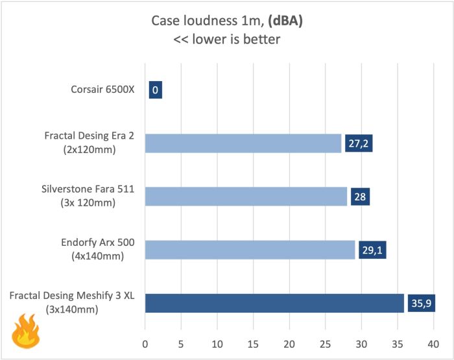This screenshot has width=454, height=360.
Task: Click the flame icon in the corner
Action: point(25,331)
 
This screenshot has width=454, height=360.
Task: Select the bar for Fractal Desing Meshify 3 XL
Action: point(274,303)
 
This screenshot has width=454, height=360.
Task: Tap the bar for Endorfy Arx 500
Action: point(250,250)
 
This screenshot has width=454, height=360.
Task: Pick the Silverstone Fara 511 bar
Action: point(246,196)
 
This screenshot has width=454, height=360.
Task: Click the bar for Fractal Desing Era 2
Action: point(243,143)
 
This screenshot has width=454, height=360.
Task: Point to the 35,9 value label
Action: point(421,303)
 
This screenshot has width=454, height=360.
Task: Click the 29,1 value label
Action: point(372,250)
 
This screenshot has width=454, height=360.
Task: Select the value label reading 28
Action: point(360,196)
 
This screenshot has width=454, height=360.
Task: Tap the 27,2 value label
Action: point(359,143)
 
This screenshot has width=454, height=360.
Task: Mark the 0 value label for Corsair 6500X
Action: point(155,90)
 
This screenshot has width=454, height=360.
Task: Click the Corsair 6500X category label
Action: point(103,90)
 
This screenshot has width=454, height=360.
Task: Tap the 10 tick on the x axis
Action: point(217,342)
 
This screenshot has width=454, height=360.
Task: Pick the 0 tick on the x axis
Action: point(145,342)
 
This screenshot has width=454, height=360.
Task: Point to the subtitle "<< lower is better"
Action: point(227,40)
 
